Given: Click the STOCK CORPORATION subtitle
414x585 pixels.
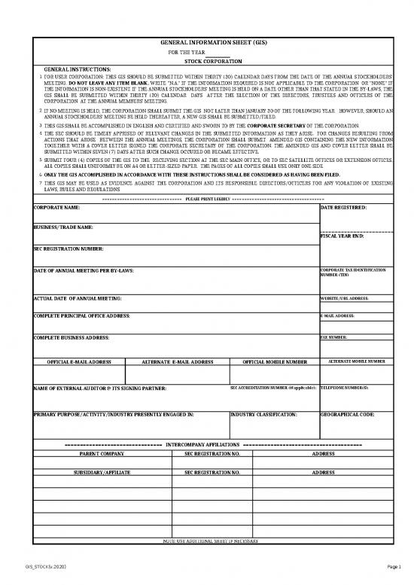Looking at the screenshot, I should click(x=213, y=60).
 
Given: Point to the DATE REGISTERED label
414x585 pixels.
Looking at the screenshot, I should click(x=344, y=206).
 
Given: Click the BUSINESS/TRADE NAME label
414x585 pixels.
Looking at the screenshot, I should click(x=64, y=227).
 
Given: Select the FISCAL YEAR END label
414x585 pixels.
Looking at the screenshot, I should click(x=342, y=236).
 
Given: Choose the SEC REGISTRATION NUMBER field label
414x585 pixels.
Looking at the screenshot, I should click(x=69, y=248).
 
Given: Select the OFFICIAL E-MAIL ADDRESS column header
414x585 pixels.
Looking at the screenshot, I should click(x=80, y=361).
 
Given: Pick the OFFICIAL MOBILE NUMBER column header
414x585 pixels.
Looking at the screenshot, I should click(x=275, y=361).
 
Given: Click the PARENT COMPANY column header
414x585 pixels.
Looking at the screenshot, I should click(x=102, y=455).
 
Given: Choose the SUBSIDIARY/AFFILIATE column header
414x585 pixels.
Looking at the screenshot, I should click(x=102, y=472).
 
